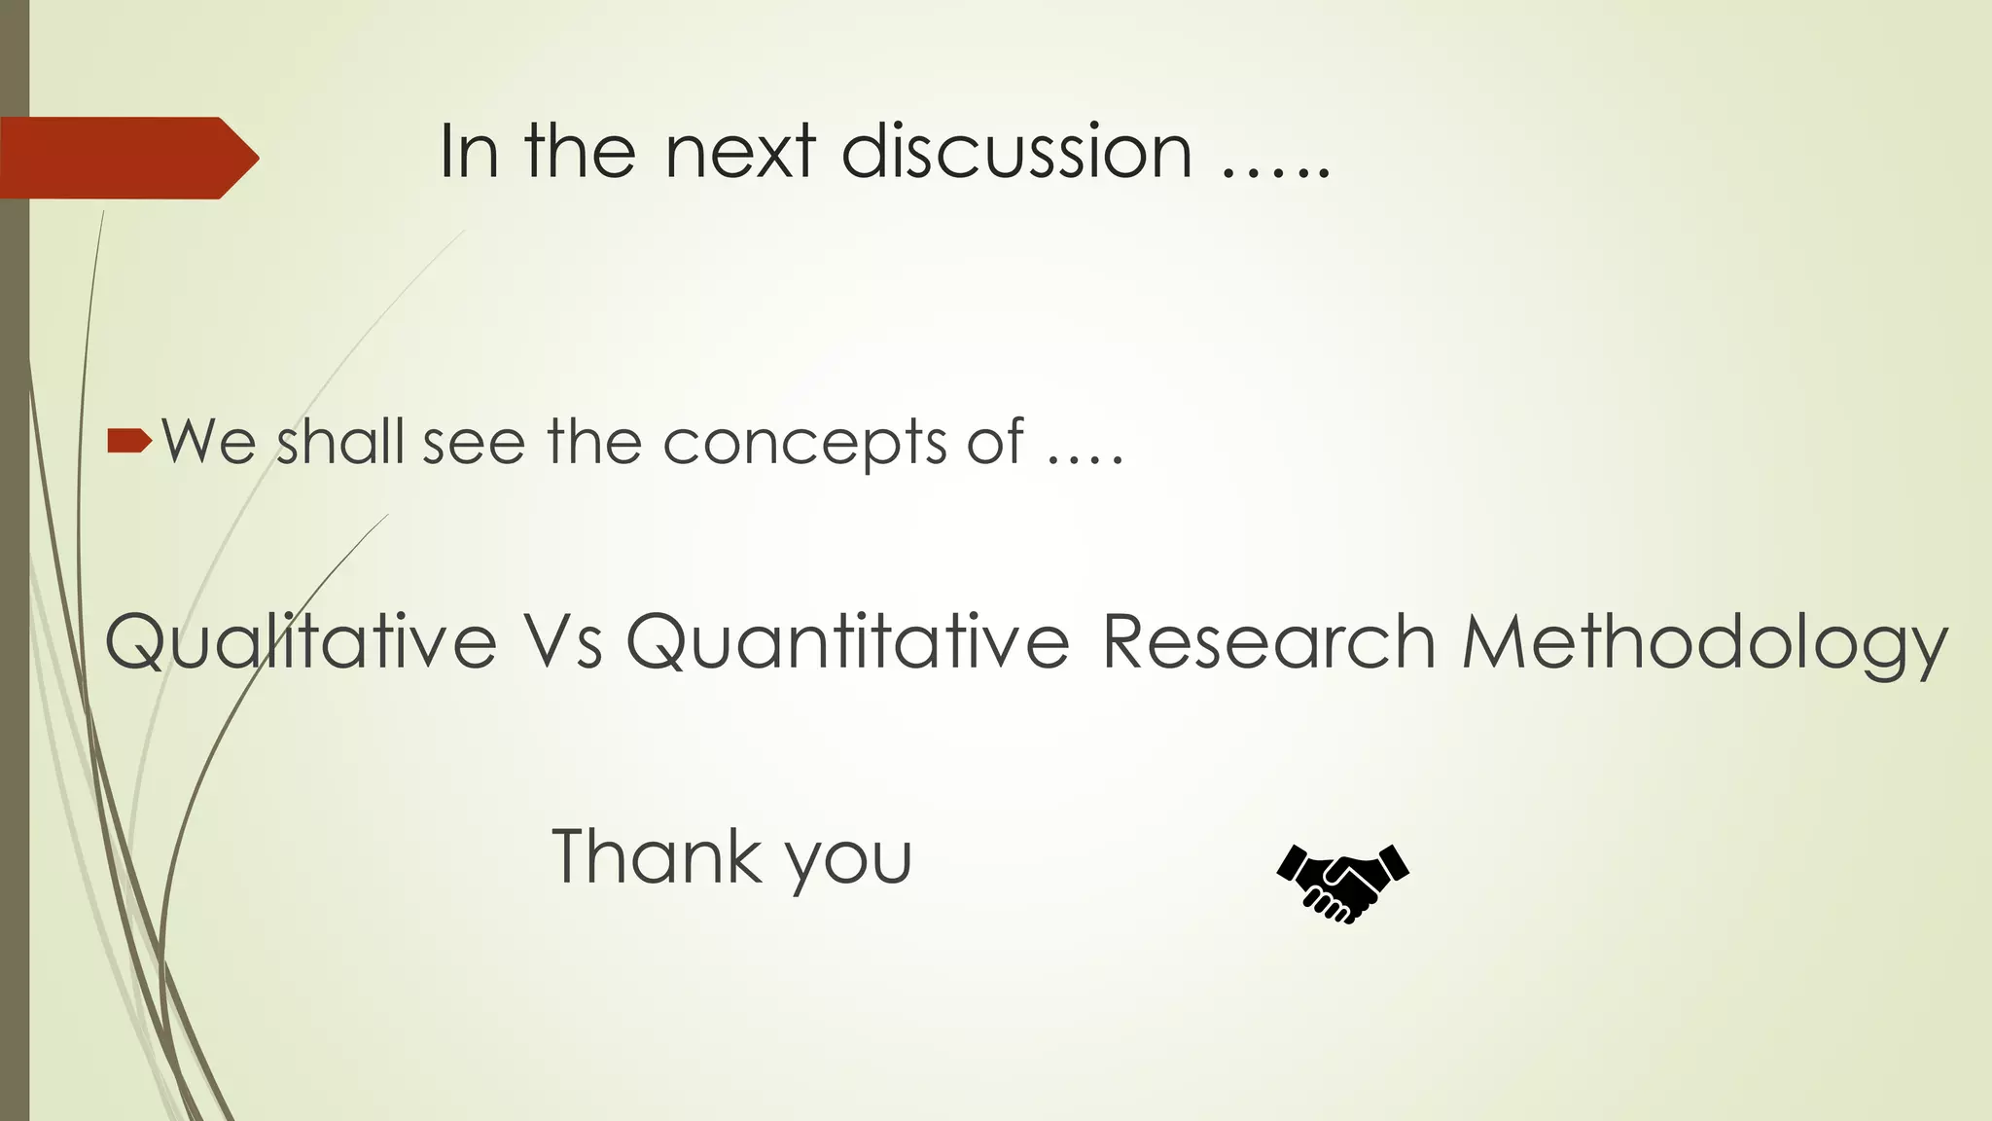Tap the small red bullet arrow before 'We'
pyautogui.click(x=129, y=442)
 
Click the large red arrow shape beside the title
pyautogui.click(x=126, y=158)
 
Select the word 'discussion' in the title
pyautogui.click(x=1016, y=152)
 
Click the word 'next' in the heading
pyautogui.click(x=740, y=152)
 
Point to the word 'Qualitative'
pyautogui.click(x=301, y=643)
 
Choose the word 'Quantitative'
pyautogui.click(x=847, y=643)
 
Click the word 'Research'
pyautogui.click(x=1269, y=643)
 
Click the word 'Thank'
pyautogui.click(x=656, y=856)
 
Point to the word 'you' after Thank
pyautogui.click(x=849, y=861)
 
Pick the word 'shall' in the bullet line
pyautogui.click(x=339, y=442)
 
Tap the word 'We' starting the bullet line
pyautogui.click(x=209, y=442)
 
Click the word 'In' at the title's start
pyautogui.click(x=469, y=152)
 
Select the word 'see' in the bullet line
pyautogui.click(x=474, y=444)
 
